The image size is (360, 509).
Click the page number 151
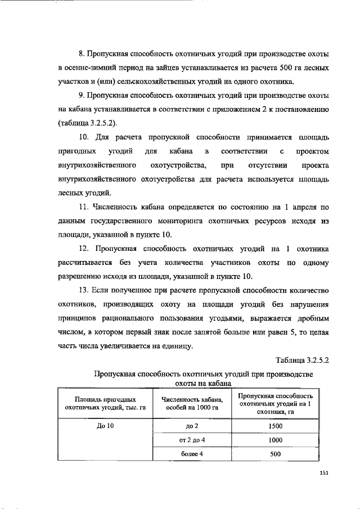click(x=323, y=473)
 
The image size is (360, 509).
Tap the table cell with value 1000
click(x=275, y=440)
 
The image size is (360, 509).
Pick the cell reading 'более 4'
click(x=190, y=454)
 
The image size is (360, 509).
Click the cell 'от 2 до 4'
click(x=190, y=440)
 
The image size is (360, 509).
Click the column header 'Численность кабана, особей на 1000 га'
click(x=190, y=404)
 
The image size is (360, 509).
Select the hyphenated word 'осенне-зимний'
click(x=91, y=68)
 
